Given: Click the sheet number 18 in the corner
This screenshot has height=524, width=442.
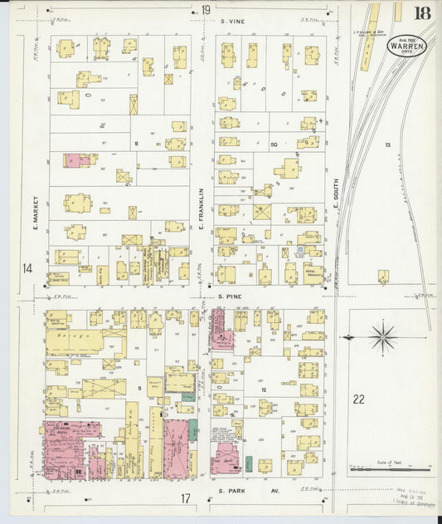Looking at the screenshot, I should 422,12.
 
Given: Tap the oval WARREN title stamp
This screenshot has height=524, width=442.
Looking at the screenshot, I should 406,46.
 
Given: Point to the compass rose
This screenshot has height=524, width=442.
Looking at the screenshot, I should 383,338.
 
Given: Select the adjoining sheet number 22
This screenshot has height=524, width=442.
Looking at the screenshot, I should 358,399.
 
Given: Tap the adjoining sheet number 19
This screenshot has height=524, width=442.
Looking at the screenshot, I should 204,10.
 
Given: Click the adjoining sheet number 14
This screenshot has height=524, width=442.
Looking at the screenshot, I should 28,268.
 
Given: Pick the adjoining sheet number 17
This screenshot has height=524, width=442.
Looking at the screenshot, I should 187,498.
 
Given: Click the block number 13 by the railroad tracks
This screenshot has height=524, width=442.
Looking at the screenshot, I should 387,144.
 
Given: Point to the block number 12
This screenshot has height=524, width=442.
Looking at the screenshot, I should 262,389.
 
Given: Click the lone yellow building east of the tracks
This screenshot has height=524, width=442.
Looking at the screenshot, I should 383,277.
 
